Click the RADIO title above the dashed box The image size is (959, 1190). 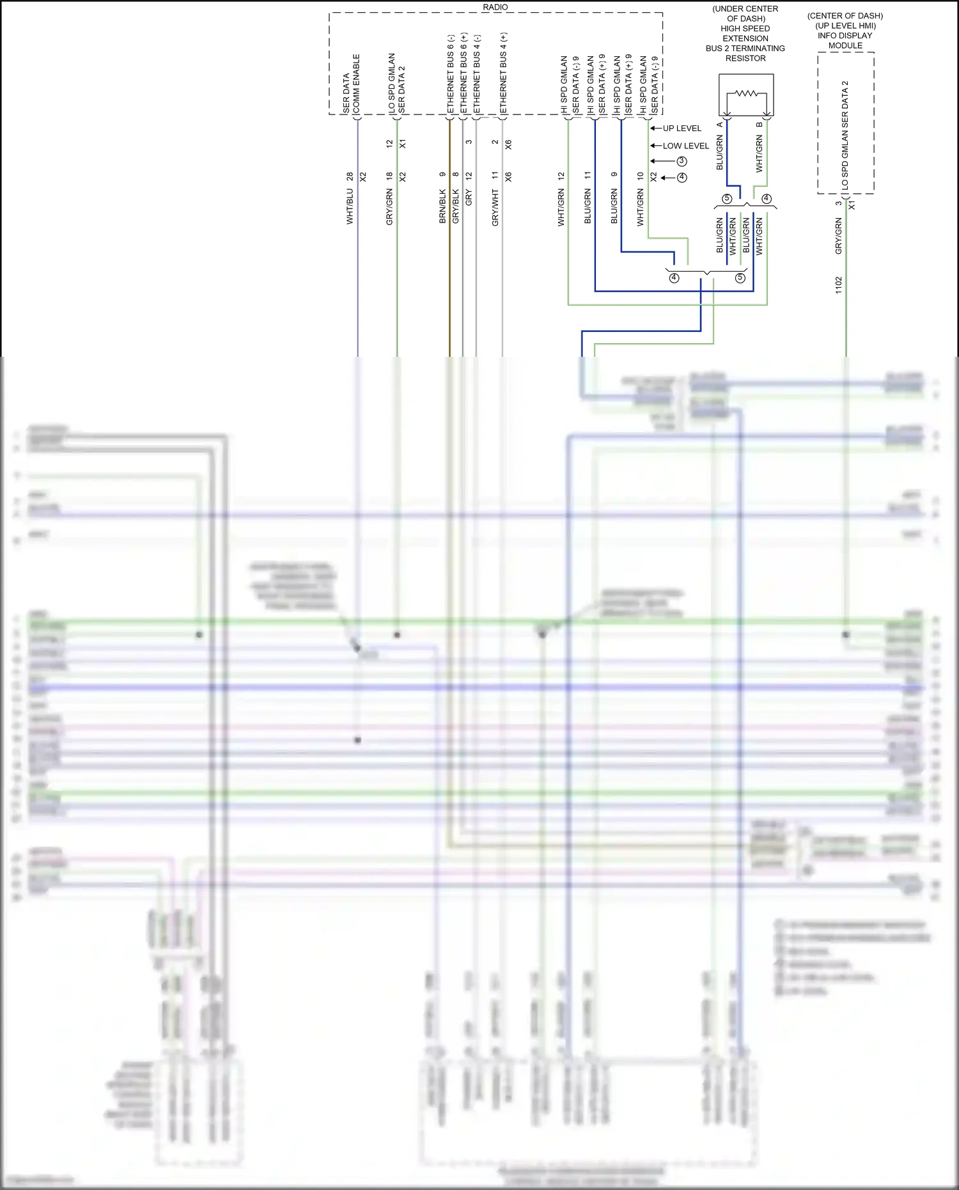coord(495,7)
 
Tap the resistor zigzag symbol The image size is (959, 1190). coord(746,94)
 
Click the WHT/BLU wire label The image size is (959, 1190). coord(350,207)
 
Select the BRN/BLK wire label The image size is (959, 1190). coord(442,206)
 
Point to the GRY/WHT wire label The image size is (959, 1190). coord(495,207)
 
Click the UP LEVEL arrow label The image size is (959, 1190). coord(682,129)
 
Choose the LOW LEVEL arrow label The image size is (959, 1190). coord(685,146)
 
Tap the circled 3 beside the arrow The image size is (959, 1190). coord(682,161)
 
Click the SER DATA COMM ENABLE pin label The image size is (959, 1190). coord(352,83)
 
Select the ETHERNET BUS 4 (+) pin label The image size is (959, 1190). coord(504,74)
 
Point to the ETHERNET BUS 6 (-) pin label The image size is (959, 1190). coord(451,74)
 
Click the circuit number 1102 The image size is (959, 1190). coord(839,285)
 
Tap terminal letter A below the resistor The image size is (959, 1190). coord(720,124)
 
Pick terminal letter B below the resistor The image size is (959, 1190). coord(760,124)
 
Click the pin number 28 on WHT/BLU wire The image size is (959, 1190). coord(350,176)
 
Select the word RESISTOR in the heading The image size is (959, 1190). coord(745,58)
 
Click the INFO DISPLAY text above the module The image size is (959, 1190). coord(845,36)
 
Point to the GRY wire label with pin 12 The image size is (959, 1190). coord(469,198)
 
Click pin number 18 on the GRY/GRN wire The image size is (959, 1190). coord(389,176)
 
